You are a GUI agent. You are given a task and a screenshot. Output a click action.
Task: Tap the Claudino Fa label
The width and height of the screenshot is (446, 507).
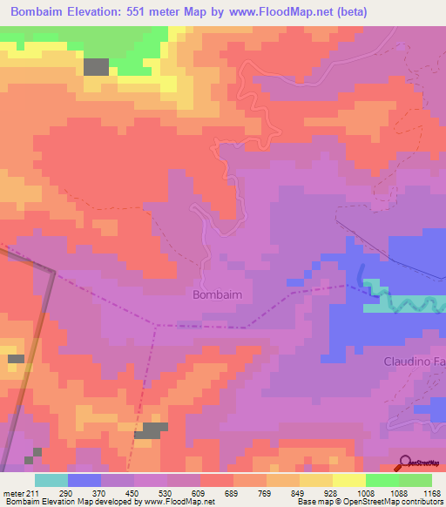click(x=415, y=361)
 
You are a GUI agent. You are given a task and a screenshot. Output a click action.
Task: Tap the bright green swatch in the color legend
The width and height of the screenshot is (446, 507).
click(x=382, y=480)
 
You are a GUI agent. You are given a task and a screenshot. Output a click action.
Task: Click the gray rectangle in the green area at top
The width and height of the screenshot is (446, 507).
click(x=97, y=67)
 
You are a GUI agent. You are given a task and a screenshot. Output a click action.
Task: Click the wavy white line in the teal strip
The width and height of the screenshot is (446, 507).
click(x=409, y=303)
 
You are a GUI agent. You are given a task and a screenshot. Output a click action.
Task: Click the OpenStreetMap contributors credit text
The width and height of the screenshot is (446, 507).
click(x=369, y=502)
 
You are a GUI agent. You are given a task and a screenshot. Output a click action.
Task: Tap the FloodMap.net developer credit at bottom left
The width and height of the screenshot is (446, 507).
click(x=108, y=502)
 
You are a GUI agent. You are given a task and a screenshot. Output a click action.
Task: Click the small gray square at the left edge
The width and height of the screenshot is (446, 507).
click(x=16, y=359)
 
